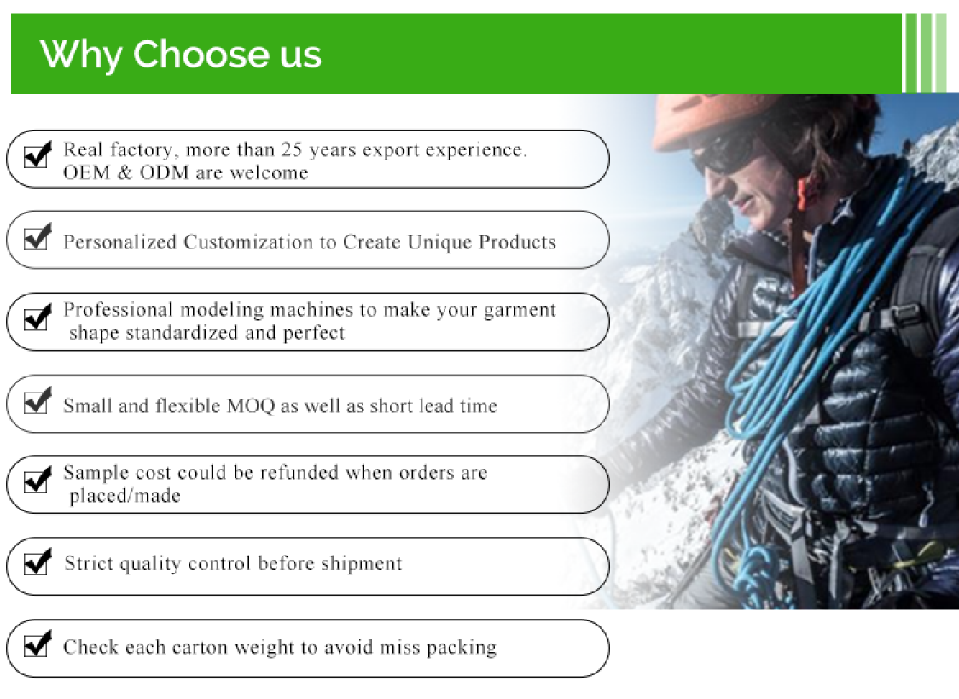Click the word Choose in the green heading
(201, 54)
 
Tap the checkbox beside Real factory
(37, 155)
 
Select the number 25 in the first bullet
(292, 149)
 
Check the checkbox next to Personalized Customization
(37, 236)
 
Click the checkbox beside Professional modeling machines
(37, 317)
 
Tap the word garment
(520, 310)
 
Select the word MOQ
(251, 406)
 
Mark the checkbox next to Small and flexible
(37, 400)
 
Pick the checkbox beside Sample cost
(37, 480)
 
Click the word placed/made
(125, 496)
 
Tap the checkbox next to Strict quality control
(37, 562)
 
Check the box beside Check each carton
(37, 644)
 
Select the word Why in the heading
(81, 55)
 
